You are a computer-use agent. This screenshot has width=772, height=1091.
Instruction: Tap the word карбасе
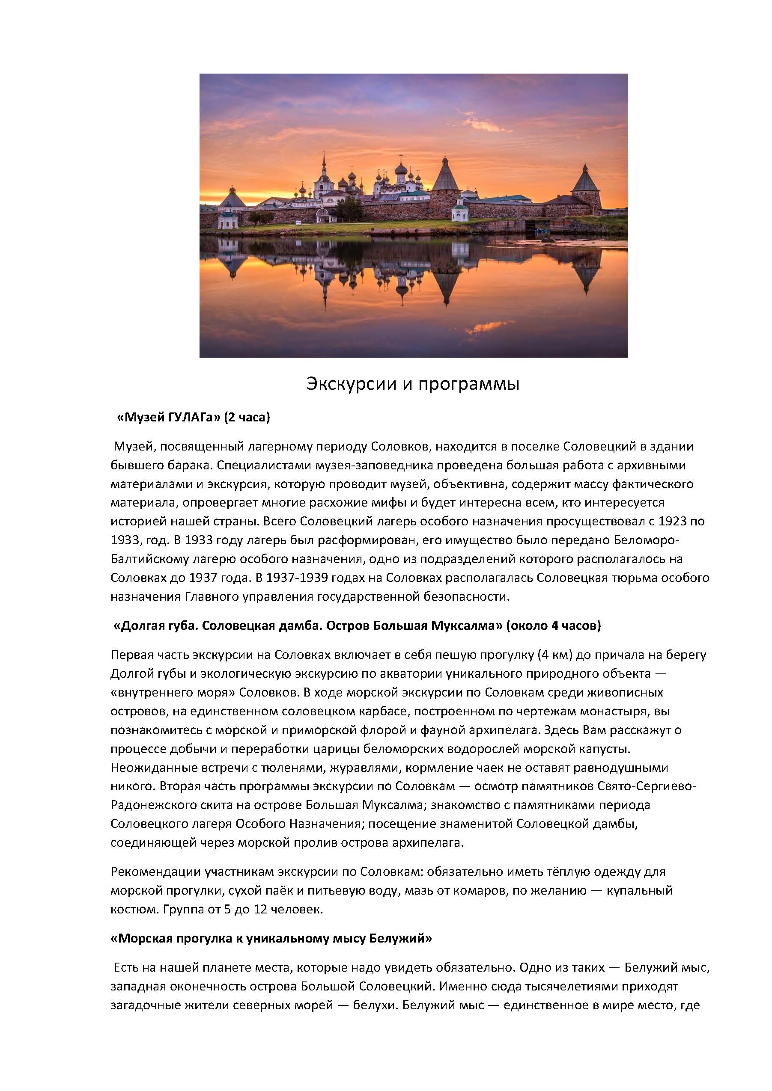[x=344, y=712]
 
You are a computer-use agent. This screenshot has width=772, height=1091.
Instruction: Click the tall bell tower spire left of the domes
[x=324, y=166]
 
